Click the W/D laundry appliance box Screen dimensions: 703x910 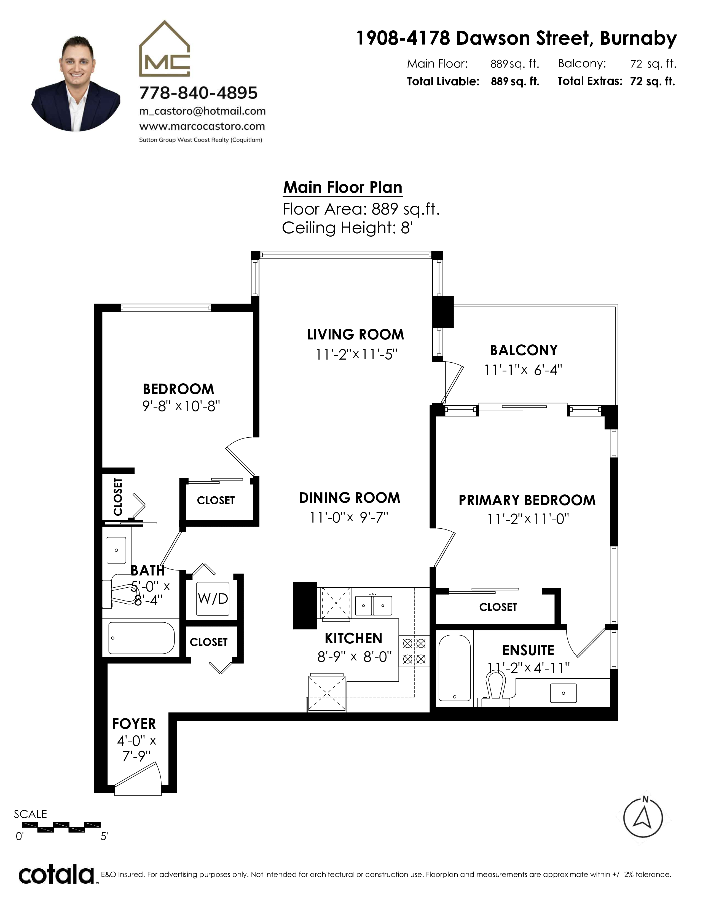pyautogui.click(x=213, y=599)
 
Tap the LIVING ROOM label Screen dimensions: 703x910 pyautogui.click(x=355, y=334)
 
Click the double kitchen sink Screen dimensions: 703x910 pyautogui.click(x=373, y=605)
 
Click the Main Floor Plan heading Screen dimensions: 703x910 pyautogui.click(x=343, y=188)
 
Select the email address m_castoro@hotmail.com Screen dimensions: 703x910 pyautogui.click(x=202, y=111)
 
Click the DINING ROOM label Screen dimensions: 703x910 pyautogui.click(x=349, y=498)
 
